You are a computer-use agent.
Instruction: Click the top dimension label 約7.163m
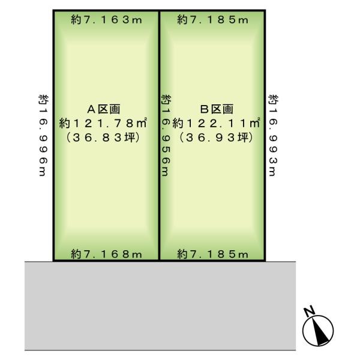point(107,20)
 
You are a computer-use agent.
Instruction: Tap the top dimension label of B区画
point(213,20)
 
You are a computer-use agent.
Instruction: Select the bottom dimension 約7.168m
point(107,254)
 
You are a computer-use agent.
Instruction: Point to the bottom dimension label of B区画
point(213,254)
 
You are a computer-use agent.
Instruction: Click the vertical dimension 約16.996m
point(43,135)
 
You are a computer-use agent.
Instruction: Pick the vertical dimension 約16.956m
point(166,135)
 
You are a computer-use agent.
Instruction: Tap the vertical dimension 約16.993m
point(273,135)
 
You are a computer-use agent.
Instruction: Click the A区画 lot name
point(104,109)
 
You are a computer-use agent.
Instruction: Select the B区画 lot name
point(217,109)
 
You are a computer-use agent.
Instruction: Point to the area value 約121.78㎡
point(103,123)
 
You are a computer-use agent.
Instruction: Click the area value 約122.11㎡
point(216,123)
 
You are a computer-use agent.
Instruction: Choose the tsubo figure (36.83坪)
point(103,138)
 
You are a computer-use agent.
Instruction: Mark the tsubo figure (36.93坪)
point(216,138)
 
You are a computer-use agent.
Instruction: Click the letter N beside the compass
point(309,311)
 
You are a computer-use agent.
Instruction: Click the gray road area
point(160,306)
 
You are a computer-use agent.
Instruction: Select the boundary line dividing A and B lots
point(159,135)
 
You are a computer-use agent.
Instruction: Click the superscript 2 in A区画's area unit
point(145,118)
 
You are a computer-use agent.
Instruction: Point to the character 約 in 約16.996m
point(43,99)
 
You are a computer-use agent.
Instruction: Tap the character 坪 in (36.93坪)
point(243,138)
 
